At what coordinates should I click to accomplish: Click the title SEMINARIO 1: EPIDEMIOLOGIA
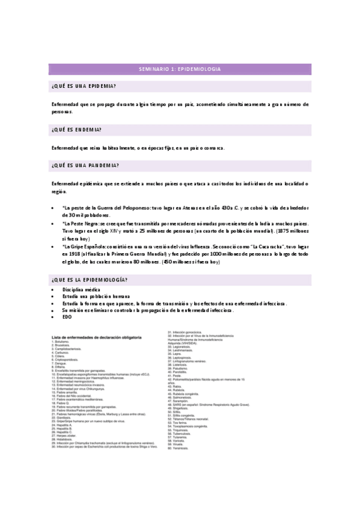click(x=180, y=69)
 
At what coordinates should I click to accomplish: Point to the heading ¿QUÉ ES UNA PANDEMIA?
click(x=85, y=165)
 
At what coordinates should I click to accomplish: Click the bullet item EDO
click(x=67, y=316)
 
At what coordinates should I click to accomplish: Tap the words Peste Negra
click(x=80, y=223)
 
